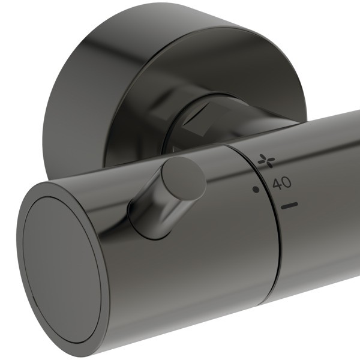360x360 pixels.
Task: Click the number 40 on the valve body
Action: [x=282, y=184]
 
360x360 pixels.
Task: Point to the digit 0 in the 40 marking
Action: [x=287, y=184]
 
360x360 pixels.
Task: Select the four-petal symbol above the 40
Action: [x=264, y=160]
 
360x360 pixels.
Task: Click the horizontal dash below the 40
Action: [x=289, y=206]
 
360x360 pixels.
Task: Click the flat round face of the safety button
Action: [x=184, y=178]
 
